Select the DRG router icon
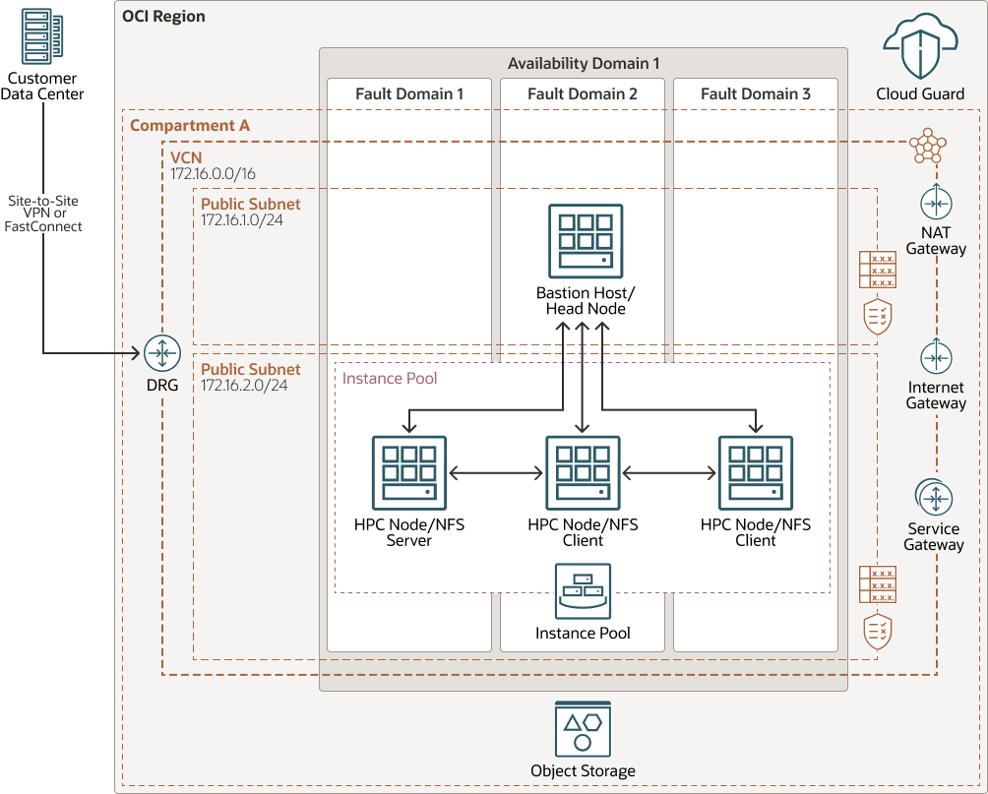[162, 353]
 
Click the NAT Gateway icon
[936, 203]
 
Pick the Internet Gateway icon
[936, 356]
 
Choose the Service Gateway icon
[934, 498]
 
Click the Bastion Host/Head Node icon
[586, 241]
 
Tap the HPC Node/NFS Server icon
[408, 473]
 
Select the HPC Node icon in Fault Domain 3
[755, 473]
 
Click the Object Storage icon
[583, 729]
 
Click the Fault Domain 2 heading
[583, 93]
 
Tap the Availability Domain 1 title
[584, 64]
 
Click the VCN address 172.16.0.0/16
[214, 173]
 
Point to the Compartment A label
[190, 125]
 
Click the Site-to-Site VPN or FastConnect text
[43, 213]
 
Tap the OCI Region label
[163, 17]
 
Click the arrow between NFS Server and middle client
[496, 473]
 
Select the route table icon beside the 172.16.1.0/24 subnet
[877, 269]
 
